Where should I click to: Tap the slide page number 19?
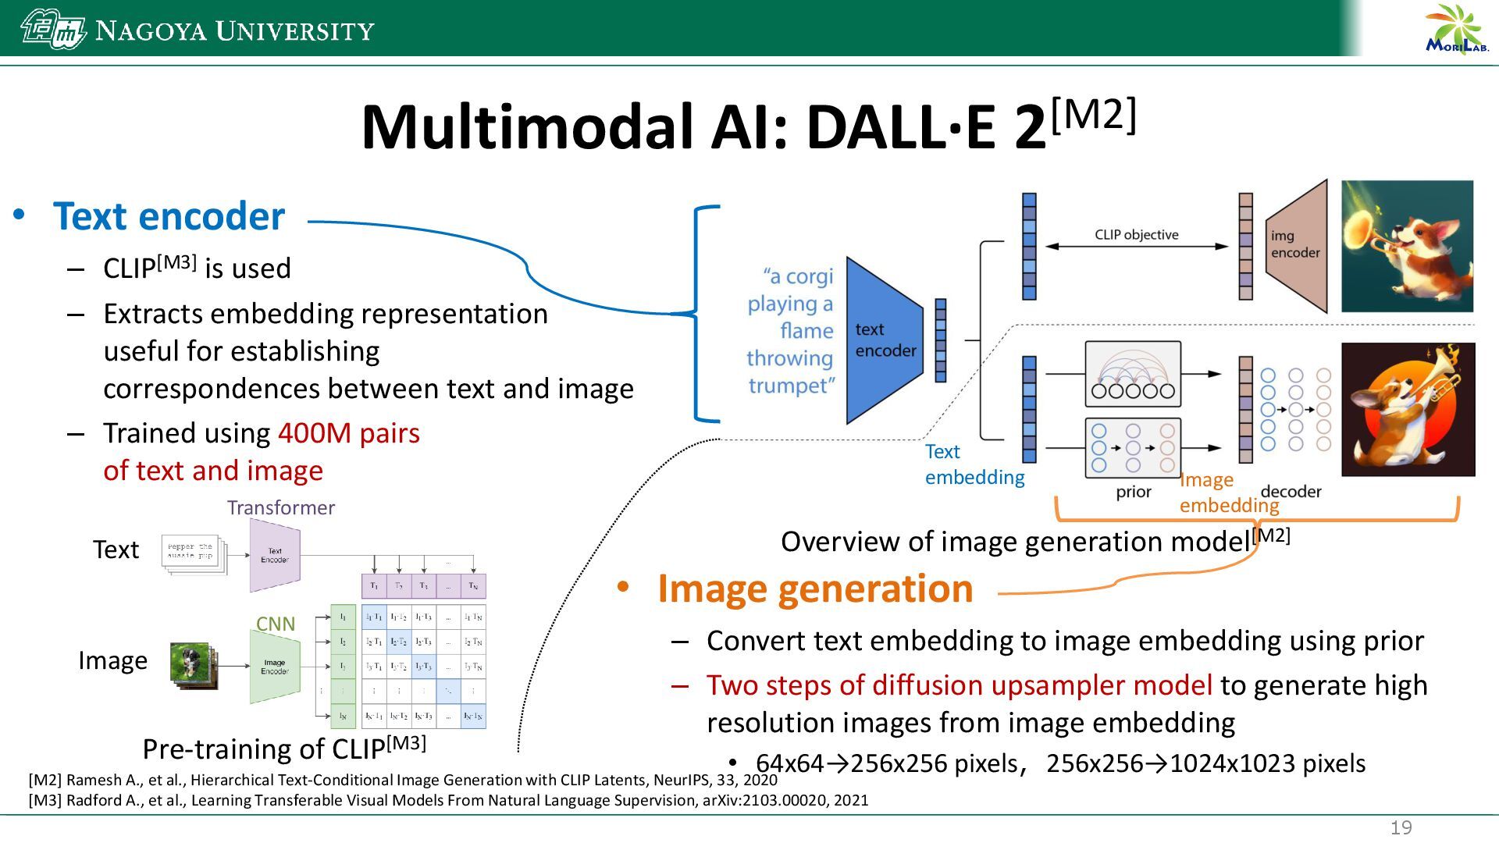(x=1401, y=827)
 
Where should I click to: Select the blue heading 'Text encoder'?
(x=169, y=216)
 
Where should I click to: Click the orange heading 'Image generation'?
(x=814, y=588)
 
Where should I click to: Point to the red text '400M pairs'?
(x=348, y=433)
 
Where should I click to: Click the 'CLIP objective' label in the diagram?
(x=1136, y=234)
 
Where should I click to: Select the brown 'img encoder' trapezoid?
(x=1296, y=245)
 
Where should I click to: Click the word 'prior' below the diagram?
(x=1134, y=492)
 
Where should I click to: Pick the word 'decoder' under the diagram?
(x=1291, y=492)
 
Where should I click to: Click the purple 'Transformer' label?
(x=281, y=507)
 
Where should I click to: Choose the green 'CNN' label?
(x=276, y=624)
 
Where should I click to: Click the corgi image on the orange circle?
(x=1408, y=409)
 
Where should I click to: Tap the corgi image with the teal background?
(x=1407, y=246)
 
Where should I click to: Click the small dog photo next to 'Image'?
(x=191, y=665)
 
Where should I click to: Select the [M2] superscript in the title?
(x=1093, y=116)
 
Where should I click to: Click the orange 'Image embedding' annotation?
(x=1228, y=493)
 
